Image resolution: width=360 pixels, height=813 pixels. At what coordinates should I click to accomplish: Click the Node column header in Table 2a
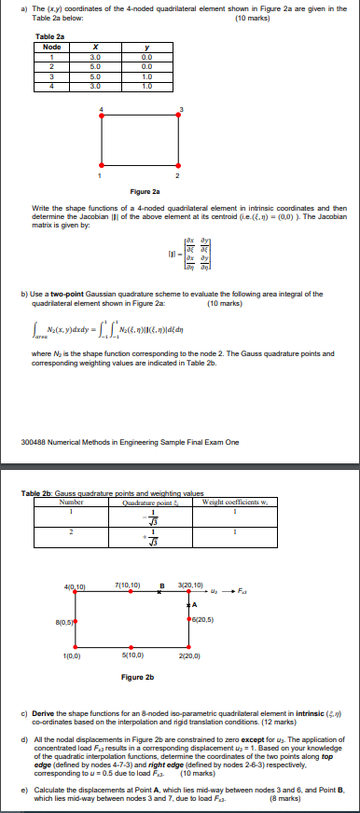coord(52,47)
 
